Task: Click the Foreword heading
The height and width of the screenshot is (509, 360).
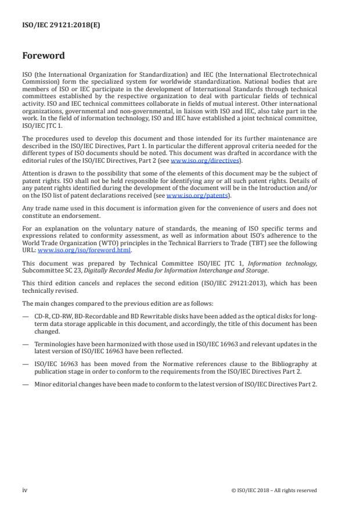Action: click(43, 56)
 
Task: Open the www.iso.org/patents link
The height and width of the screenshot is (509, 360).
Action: click(194, 196)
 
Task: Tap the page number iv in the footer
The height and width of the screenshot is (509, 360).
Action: click(25, 490)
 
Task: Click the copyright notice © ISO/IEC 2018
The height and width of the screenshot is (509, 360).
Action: click(273, 490)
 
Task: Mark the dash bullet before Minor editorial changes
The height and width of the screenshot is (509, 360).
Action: click(26, 384)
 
